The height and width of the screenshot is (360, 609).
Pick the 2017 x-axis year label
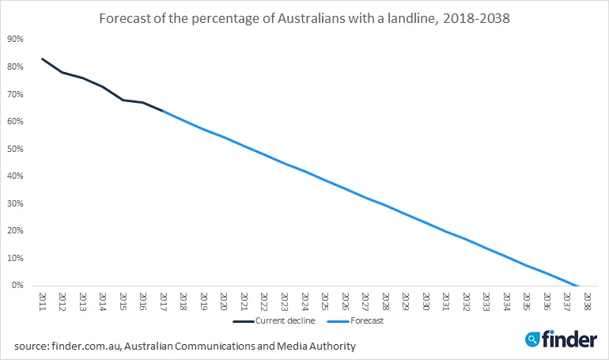pyautogui.click(x=163, y=301)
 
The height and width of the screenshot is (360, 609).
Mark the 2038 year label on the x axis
pyautogui.click(x=587, y=301)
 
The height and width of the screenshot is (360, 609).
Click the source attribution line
pyautogui.click(x=184, y=346)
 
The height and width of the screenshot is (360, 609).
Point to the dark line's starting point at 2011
pyautogui.click(x=42, y=59)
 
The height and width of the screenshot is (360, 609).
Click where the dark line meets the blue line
pyautogui.click(x=163, y=111)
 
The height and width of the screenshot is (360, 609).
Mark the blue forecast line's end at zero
pyautogui.click(x=578, y=286)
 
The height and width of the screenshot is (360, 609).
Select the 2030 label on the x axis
pyautogui.click(x=426, y=301)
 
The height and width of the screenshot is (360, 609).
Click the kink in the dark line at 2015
pyautogui.click(x=123, y=100)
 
